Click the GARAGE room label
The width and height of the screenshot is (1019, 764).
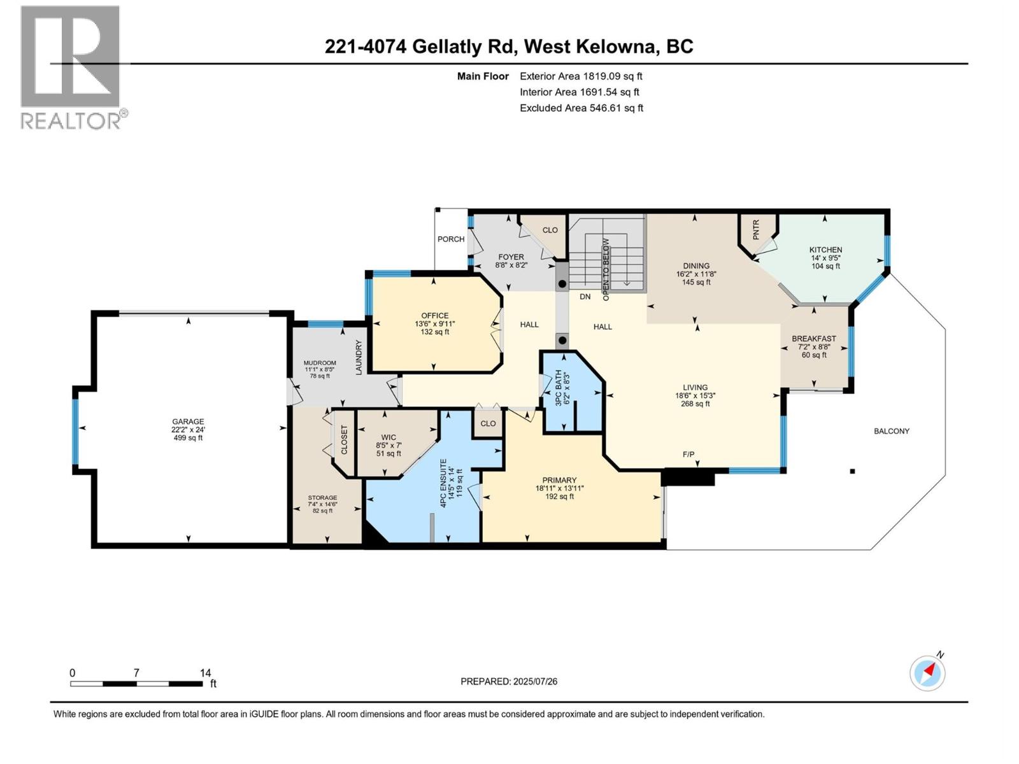point(188,421)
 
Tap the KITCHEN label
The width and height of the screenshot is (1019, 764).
point(825,250)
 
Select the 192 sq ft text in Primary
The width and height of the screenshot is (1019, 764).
point(559,497)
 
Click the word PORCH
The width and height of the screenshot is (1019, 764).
point(451,239)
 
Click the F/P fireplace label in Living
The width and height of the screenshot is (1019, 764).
point(688,455)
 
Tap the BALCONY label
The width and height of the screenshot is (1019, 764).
point(891,431)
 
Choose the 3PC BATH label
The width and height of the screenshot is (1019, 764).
point(559,388)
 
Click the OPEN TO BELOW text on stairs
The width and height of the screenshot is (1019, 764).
point(606,269)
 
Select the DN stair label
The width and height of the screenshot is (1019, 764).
point(585,297)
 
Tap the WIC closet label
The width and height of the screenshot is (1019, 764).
point(388,437)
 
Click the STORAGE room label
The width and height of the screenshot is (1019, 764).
point(322,498)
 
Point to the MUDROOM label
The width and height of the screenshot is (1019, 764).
point(320,363)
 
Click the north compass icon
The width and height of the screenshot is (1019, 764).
point(927,673)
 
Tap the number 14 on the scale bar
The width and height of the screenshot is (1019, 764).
point(205,673)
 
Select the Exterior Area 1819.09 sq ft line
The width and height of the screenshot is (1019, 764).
point(581,76)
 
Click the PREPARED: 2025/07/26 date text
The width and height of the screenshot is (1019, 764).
point(509,681)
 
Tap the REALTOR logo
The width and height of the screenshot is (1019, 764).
point(71,67)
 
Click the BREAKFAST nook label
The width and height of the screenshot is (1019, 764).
point(813,339)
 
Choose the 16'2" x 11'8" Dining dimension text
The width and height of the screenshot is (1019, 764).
point(696,274)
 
